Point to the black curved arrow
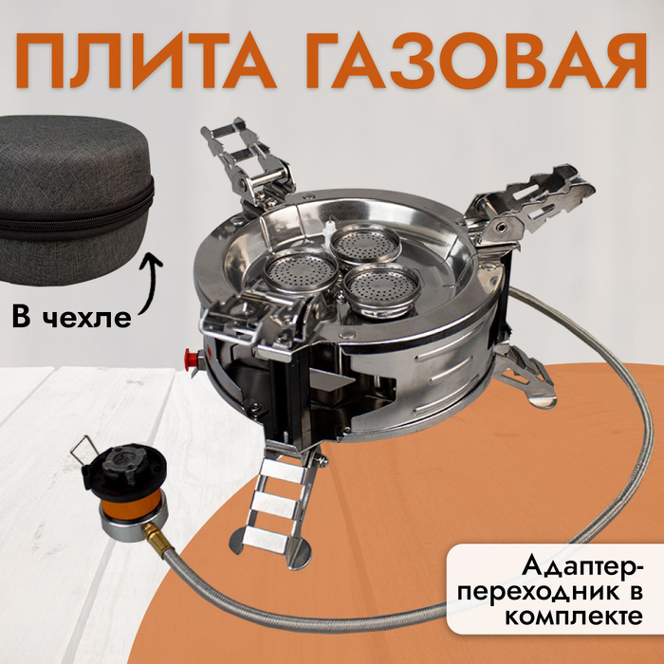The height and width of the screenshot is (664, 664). [150, 283]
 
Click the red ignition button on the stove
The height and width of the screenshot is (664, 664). [191, 360]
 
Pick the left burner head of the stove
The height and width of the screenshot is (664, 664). [301, 271]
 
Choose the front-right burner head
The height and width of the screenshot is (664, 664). [381, 288]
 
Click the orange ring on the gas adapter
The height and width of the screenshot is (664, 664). [131, 506]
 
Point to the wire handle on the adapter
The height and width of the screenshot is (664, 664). [82, 452]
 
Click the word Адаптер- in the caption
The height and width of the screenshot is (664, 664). [581, 567]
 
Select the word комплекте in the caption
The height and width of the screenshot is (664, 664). [573, 617]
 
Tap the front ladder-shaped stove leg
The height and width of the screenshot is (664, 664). [275, 506]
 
